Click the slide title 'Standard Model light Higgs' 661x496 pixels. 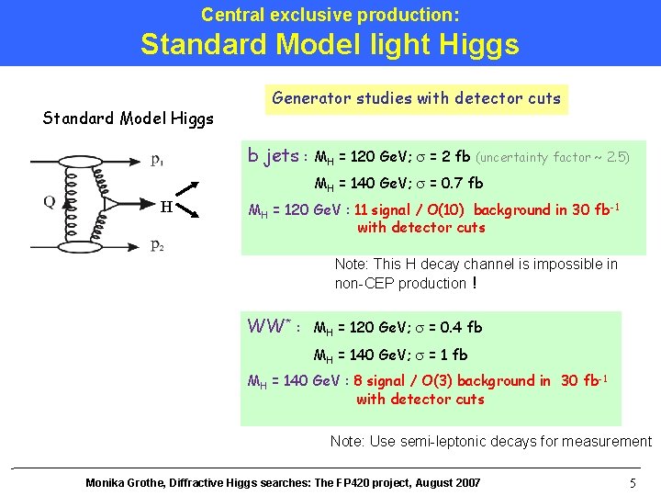pos(330,44)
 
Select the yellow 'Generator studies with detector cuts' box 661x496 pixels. pos(416,98)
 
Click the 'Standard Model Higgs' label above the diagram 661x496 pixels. pos(129,118)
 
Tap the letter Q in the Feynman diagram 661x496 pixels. pos(50,202)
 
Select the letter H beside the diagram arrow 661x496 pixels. pos(166,206)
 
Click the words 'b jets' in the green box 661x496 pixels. pos(273,156)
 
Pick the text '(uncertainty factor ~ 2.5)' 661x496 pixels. pos(553,157)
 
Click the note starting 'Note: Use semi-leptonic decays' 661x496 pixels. pos(490,441)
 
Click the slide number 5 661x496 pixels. pos(633,483)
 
